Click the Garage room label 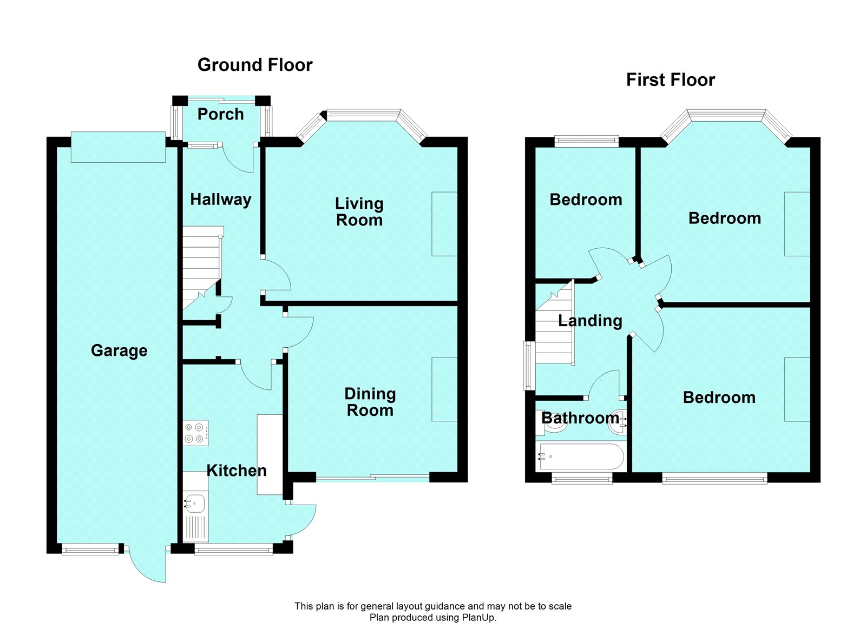coord(119,351)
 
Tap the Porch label coord(220,114)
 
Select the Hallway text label coord(221,200)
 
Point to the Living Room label coord(359,211)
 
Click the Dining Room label coord(370,402)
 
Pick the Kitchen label coord(237,470)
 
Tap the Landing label coord(590,321)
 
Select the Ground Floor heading coord(255,64)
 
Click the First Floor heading coord(671,80)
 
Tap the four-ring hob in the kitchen coord(195,433)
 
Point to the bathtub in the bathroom coord(580,456)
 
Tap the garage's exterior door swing coord(148,565)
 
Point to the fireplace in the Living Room coord(444,224)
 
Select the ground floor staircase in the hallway coord(202,268)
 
